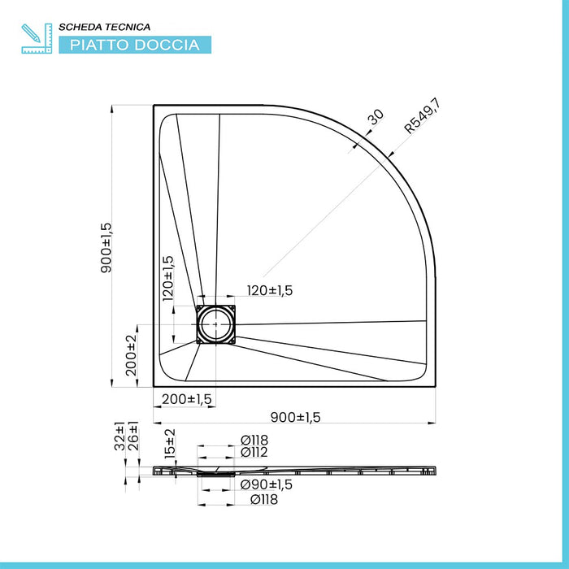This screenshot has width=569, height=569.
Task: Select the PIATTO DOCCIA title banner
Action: [x=134, y=45]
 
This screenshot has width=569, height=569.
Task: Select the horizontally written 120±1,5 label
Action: [x=270, y=290]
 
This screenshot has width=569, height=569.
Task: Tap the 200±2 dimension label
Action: [x=130, y=353]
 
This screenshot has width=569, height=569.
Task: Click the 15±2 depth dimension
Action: [x=169, y=444]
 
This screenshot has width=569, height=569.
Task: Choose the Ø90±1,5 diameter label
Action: [x=266, y=484]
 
